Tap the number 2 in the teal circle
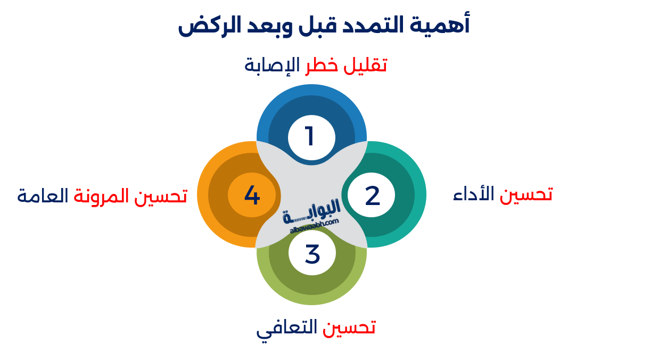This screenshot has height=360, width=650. [372, 196]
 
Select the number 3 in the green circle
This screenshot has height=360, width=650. [312, 254]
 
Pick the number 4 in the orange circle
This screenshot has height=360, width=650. [252, 195]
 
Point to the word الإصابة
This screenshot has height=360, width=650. [272, 66]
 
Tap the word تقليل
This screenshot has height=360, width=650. [365, 66]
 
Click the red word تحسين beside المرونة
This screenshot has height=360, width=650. [160, 196]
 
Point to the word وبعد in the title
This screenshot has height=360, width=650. [267, 26]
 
